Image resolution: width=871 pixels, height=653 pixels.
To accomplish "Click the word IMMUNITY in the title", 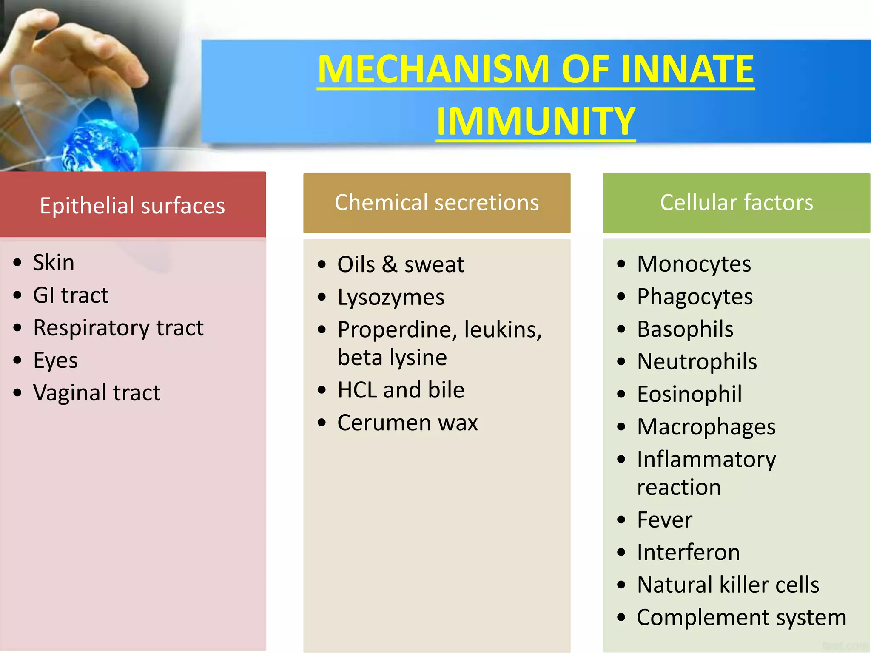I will tap(536, 121).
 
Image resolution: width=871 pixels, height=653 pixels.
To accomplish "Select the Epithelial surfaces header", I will tap(132, 206).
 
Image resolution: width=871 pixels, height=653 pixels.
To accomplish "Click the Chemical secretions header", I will tap(437, 202).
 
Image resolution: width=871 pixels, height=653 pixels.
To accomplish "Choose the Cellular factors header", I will tap(737, 202).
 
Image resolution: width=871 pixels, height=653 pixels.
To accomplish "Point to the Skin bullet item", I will tap(54, 262).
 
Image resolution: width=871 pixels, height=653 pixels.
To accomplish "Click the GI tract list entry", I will tap(71, 295).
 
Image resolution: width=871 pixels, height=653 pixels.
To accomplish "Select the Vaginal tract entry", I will tap(97, 392).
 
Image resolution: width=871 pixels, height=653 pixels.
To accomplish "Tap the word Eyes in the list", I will tap(55, 361).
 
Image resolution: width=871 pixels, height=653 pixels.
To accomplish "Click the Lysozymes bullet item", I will tap(391, 297).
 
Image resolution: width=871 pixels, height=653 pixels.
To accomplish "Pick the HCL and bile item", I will tap(401, 390).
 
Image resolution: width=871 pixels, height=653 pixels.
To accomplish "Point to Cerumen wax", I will tap(407, 423).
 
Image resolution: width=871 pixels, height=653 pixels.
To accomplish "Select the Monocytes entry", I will tap(694, 264).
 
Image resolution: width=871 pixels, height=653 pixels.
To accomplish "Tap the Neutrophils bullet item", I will tap(697, 362).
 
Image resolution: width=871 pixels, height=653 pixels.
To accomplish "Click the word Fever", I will tap(664, 520).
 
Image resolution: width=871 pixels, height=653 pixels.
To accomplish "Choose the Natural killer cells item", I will tap(728, 585).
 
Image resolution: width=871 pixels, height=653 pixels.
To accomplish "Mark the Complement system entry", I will tap(742, 617).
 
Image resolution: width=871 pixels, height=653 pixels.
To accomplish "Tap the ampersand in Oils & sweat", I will tap(390, 264).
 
